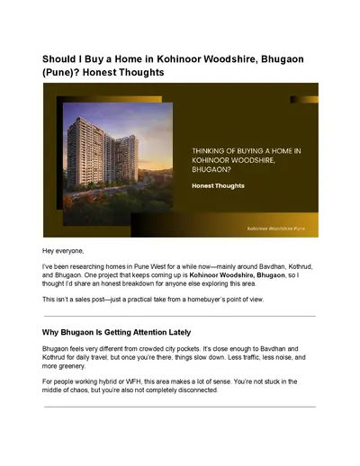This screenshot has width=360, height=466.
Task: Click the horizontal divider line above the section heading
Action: click(x=180, y=316)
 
